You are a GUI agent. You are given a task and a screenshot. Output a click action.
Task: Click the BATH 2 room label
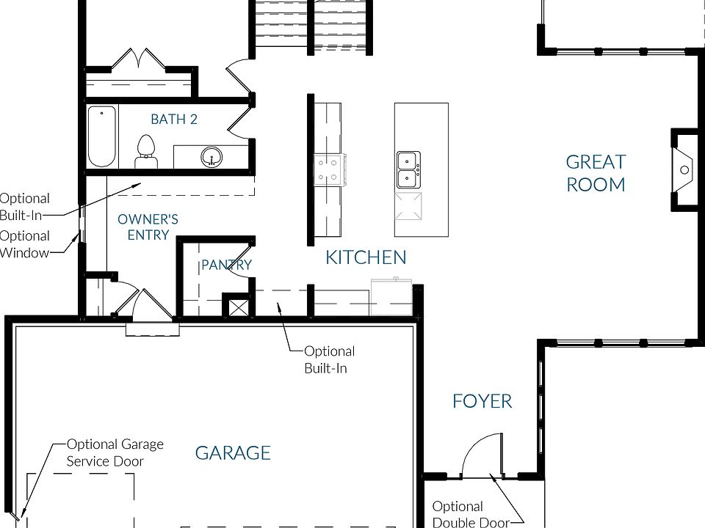(174, 120)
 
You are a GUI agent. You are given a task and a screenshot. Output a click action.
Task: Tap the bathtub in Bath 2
(101, 136)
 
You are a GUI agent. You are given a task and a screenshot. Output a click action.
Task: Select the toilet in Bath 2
(145, 152)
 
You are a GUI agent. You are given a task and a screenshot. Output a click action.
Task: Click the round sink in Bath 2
(211, 157)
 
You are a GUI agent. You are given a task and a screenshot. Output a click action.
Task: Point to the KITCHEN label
(366, 257)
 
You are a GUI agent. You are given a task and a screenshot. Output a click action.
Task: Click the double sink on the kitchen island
(408, 169)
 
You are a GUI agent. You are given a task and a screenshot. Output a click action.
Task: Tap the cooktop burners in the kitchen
(330, 169)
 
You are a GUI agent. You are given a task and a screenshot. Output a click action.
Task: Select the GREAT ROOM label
(596, 173)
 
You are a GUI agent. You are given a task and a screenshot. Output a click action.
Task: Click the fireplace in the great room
(684, 169)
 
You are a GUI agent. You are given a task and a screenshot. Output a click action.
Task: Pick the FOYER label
(482, 401)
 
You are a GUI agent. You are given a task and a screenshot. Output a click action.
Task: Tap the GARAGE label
(233, 453)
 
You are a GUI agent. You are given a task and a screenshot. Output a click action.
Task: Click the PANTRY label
(226, 265)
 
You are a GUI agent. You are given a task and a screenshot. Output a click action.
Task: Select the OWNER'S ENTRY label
(148, 227)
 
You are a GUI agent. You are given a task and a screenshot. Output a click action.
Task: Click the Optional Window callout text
(24, 244)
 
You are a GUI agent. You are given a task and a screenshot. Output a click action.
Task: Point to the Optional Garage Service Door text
(115, 452)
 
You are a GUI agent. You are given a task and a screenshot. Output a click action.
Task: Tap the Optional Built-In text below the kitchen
(330, 359)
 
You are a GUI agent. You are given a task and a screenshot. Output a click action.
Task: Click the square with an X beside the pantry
(237, 307)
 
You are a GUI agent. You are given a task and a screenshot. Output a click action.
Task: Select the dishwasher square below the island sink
(408, 206)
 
